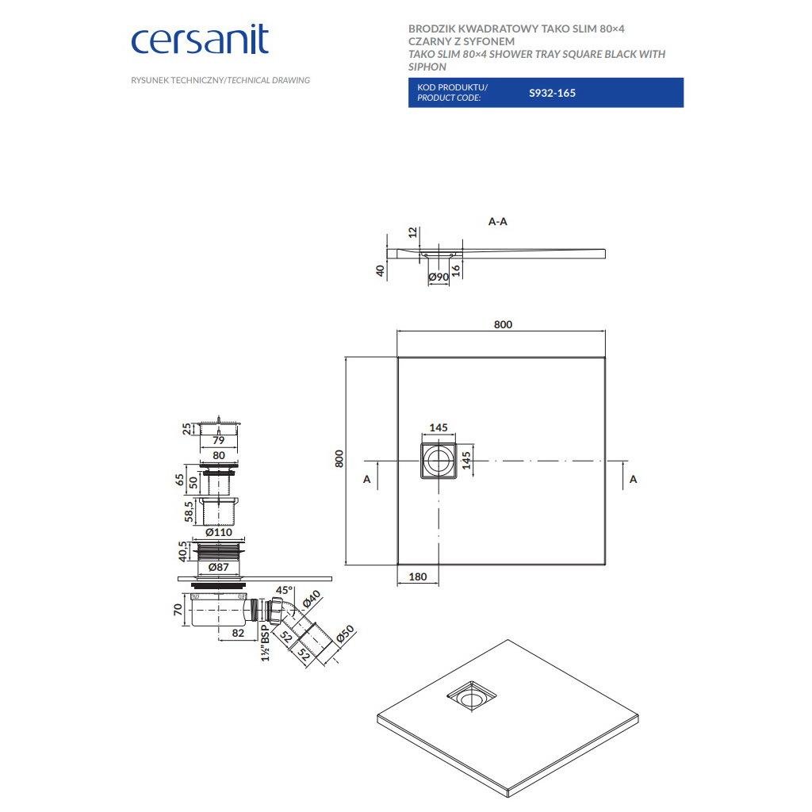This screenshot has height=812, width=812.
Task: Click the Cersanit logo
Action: coord(199,40)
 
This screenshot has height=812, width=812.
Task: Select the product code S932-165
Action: coord(552,93)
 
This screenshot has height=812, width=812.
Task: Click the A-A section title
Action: coord(497,222)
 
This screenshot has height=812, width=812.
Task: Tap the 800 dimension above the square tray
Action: coord(503,324)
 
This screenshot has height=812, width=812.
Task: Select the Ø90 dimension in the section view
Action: coord(439,278)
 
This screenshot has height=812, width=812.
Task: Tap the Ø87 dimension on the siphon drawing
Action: coord(218,568)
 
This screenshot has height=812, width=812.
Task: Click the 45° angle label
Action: coord(283,591)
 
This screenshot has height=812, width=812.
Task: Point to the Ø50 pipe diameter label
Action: coord(343,635)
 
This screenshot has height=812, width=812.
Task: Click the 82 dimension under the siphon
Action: coord(236,633)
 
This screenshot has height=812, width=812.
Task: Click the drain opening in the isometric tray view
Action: coord(472,697)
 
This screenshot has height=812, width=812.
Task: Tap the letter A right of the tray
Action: coord(633,479)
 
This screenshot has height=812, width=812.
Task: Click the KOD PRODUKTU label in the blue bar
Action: coord(452,86)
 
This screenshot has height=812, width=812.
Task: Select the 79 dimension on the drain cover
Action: coord(219,439)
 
